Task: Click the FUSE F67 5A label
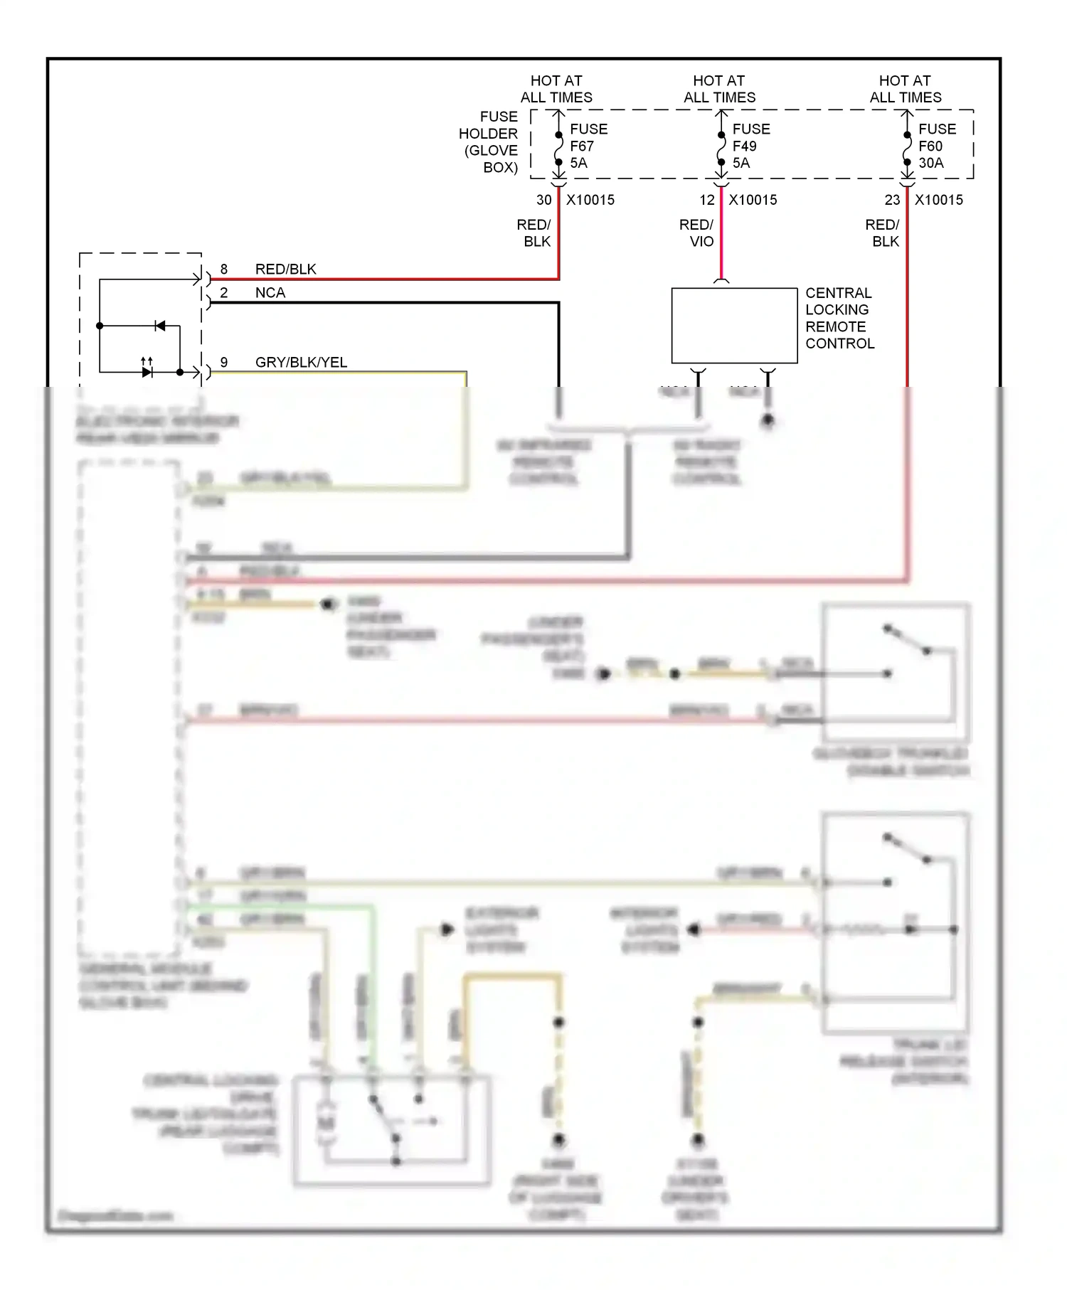coord(588,146)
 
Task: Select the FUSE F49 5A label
coord(750,146)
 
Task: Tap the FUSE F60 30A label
coord(936,146)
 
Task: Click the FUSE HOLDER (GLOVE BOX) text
coord(489,142)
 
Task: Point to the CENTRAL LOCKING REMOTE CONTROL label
coord(839,318)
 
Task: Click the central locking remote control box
coord(733,326)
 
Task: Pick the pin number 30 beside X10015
coord(543,201)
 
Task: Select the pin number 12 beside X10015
coord(706,201)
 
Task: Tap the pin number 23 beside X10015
coord(892,201)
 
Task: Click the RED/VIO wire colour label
coord(696,233)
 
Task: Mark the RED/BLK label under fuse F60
coord(882,233)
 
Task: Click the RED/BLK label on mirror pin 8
coord(285,270)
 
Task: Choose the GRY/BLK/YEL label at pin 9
coord(301,363)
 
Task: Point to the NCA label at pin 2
coord(270,293)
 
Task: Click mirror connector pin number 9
coord(224,363)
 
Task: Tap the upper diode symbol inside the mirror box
coord(160,326)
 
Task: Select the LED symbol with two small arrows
coord(147,370)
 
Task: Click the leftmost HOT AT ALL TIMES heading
coord(556,89)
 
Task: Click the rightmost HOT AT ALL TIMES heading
coord(905,89)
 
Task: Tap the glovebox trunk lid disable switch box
coord(895,673)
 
